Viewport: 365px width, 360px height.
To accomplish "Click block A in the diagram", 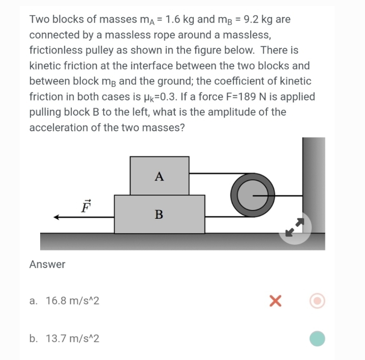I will [160, 176].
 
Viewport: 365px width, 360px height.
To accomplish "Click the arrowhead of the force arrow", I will [57, 217].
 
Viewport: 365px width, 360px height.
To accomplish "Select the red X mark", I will [275, 301].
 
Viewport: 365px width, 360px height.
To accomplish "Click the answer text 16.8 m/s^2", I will [72, 301].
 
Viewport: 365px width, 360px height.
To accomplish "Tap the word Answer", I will [47, 264].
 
